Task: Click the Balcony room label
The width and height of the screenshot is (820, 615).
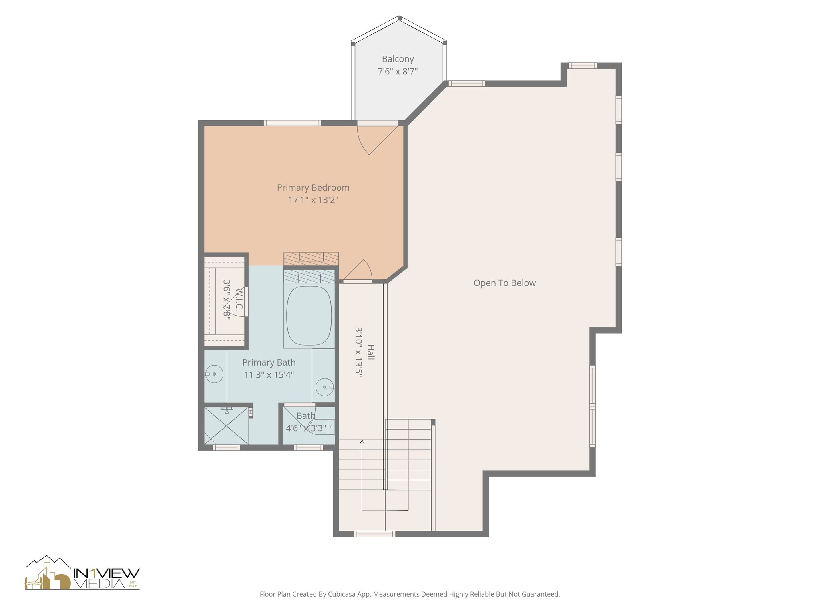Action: pyautogui.click(x=398, y=59)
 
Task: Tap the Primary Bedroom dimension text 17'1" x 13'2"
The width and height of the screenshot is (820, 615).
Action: pyautogui.click(x=313, y=200)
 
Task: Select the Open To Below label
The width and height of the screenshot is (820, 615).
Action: pyautogui.click(x=504, y=283)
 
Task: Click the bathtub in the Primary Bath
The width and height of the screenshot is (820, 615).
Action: pyautogui.click(x=309, y=315)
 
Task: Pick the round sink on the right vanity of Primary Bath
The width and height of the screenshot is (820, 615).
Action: pyautogui.click(x=324, y=387)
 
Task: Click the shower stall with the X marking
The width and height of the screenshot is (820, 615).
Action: pyautogui.click(x=226, y=426)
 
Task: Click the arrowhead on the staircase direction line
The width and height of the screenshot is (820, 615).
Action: pyautogui.click(x=362, y=442)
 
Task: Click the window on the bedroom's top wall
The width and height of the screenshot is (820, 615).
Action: pyautogui.click(x=292, y=123)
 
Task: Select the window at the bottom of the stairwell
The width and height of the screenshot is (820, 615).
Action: pyautogui.click(x=375, y=534)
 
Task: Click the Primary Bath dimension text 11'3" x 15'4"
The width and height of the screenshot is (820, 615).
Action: pyautogui.click(x=269, y=375)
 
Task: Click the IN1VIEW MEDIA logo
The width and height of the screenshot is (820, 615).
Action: pyautogui.click(x=82, y=573)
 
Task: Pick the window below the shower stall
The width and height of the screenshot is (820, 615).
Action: pyautogui.click(x=226, y=448)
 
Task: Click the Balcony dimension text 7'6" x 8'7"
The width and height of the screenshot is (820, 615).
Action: pyautogui.click(x=398, y=72)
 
